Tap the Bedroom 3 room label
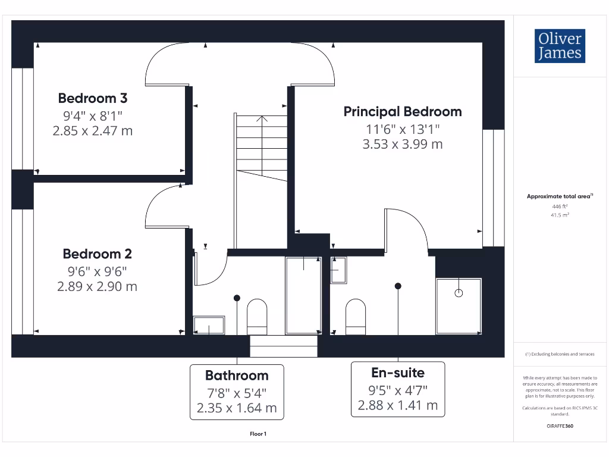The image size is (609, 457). (93, 98)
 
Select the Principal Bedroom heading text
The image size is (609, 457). (403, 111)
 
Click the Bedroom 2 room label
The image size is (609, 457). (98, 254)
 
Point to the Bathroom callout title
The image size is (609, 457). (237, 375)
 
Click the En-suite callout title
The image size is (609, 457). (398, 373)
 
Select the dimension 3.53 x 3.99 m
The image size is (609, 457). (403, 144)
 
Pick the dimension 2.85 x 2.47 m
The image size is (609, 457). (93, 130)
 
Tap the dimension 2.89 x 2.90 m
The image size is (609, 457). (98, 286)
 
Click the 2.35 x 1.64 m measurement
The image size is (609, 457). (237, 408)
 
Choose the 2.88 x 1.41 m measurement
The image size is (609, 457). (398, 405)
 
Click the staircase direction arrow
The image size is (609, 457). (262, 118)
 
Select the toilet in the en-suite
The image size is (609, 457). (356, 315)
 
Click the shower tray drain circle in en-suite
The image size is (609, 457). (459, 293)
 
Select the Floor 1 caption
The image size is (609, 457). (258, 434)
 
